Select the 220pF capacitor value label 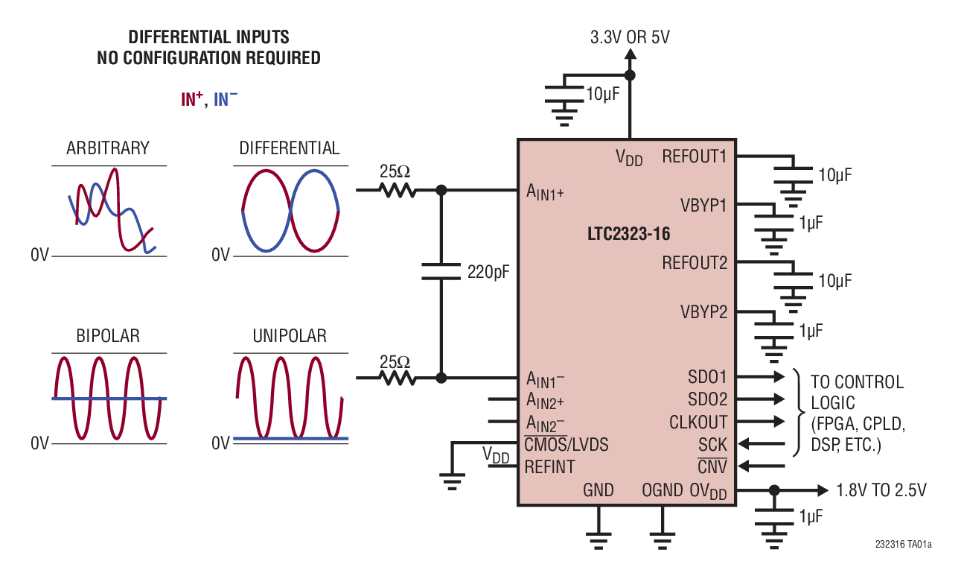click(x=489, y=272)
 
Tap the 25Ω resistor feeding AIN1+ click(x=396, y=190)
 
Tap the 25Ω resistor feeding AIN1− click(x=396, y=378)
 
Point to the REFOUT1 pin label click(x=694, y=156)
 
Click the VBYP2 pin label click(x=703, y=311)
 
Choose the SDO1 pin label click(x=708, y=377)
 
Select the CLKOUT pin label click(x=698, y=422)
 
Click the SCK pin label click(x=712, y=445)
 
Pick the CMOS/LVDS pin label click(x=566, y=445)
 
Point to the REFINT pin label click(x=549, y=467)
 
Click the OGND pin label click(x=662, y=490)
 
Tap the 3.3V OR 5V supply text click(x=630, y=37)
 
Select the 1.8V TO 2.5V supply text click(x=881, y=490)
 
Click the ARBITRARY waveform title click(x=108, y=148)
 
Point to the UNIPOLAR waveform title click(x=290, y=336)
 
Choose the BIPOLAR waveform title click(x=108, y=336)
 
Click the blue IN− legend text click(x=226, y=99)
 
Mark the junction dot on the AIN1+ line click(x=441, y=190)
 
